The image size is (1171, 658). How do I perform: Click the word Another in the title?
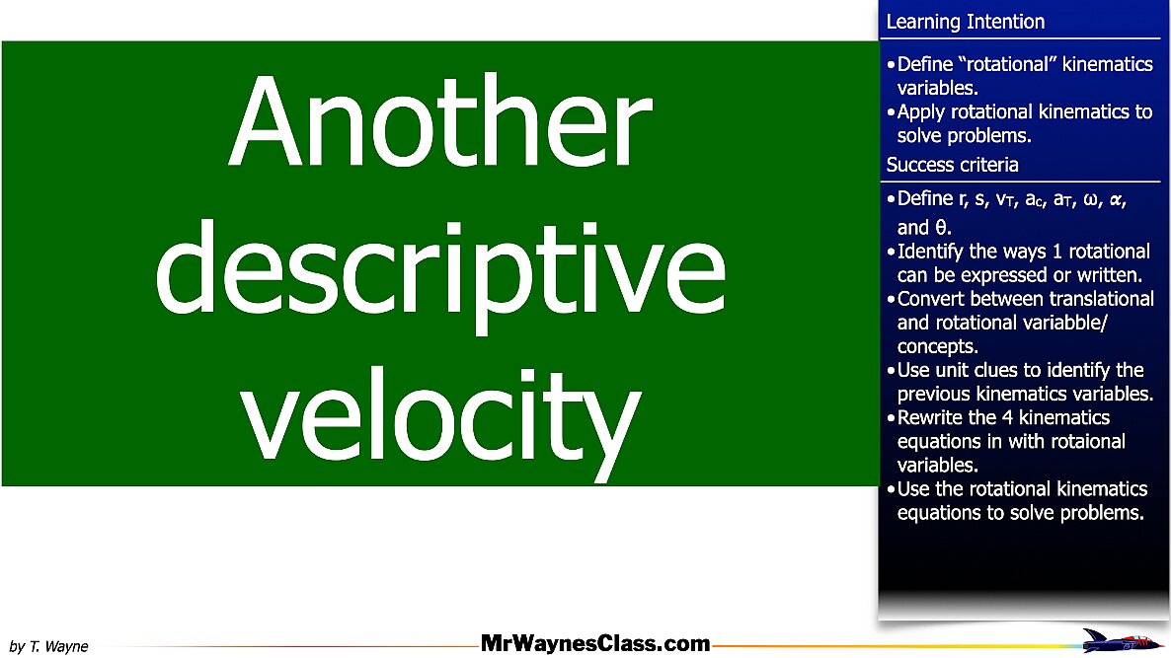pos(440,121)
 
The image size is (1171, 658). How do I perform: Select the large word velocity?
pos(440,417)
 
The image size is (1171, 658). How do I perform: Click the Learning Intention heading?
pos(965,22)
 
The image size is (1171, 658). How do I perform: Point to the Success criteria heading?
pos(952,164)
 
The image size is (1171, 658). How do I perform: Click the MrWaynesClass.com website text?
pos(595,643)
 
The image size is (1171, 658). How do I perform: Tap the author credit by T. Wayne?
pos(48,646)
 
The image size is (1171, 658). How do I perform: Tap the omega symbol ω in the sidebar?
pos(1090,200)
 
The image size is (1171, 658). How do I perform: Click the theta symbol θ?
pos(942,228)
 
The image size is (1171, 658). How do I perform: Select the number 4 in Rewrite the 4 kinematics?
pos(1007,417)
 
